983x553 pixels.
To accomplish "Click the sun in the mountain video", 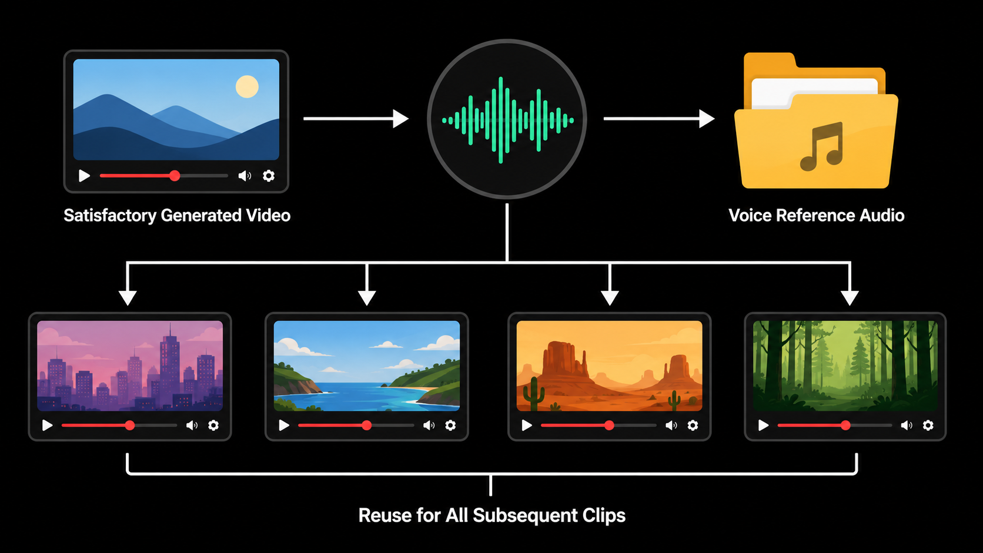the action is (247, 86).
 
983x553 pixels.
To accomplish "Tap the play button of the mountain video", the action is (84, 176).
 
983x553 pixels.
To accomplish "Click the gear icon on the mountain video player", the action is (269, 176).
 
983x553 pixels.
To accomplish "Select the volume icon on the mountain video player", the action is (245, 176).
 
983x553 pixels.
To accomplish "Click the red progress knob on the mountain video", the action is (175, 176).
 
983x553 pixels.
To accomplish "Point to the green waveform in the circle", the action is (508, 120).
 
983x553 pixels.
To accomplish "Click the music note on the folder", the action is (821, 146).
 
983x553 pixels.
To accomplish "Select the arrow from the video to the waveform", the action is (356, 118).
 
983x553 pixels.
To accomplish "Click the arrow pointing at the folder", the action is (659, 118).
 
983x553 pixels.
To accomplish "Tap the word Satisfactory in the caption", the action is (110, 216).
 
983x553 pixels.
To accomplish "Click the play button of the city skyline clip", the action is (47, 425).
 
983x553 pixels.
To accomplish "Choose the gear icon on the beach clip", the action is (450, 425).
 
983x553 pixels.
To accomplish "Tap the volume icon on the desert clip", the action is (671, 425).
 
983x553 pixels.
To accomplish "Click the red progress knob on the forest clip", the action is (845, 425).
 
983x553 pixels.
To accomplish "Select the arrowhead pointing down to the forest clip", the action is (850, 298).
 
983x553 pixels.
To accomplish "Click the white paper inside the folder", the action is (814, 92).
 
